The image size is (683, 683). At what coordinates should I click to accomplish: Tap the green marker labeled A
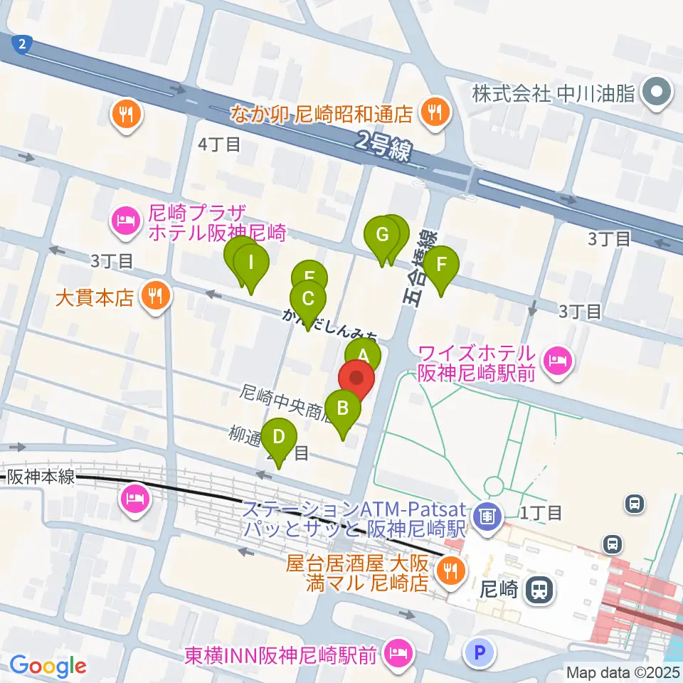(x=363, y=355)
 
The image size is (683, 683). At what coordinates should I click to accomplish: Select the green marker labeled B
(x=342, y=409)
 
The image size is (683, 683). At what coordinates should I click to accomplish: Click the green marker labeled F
(x=441, y=265)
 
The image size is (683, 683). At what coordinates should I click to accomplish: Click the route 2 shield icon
(x=22, y=45)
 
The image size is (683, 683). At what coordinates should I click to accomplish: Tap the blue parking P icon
(x=481, y=651)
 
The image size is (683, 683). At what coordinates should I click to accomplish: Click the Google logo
(x=48, y=667)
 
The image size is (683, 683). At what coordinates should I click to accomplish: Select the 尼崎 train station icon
(x=539, y=588)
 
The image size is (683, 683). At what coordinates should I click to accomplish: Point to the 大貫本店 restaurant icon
(x=154, y=295)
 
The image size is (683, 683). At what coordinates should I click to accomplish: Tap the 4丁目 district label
(x=220, y=145)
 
